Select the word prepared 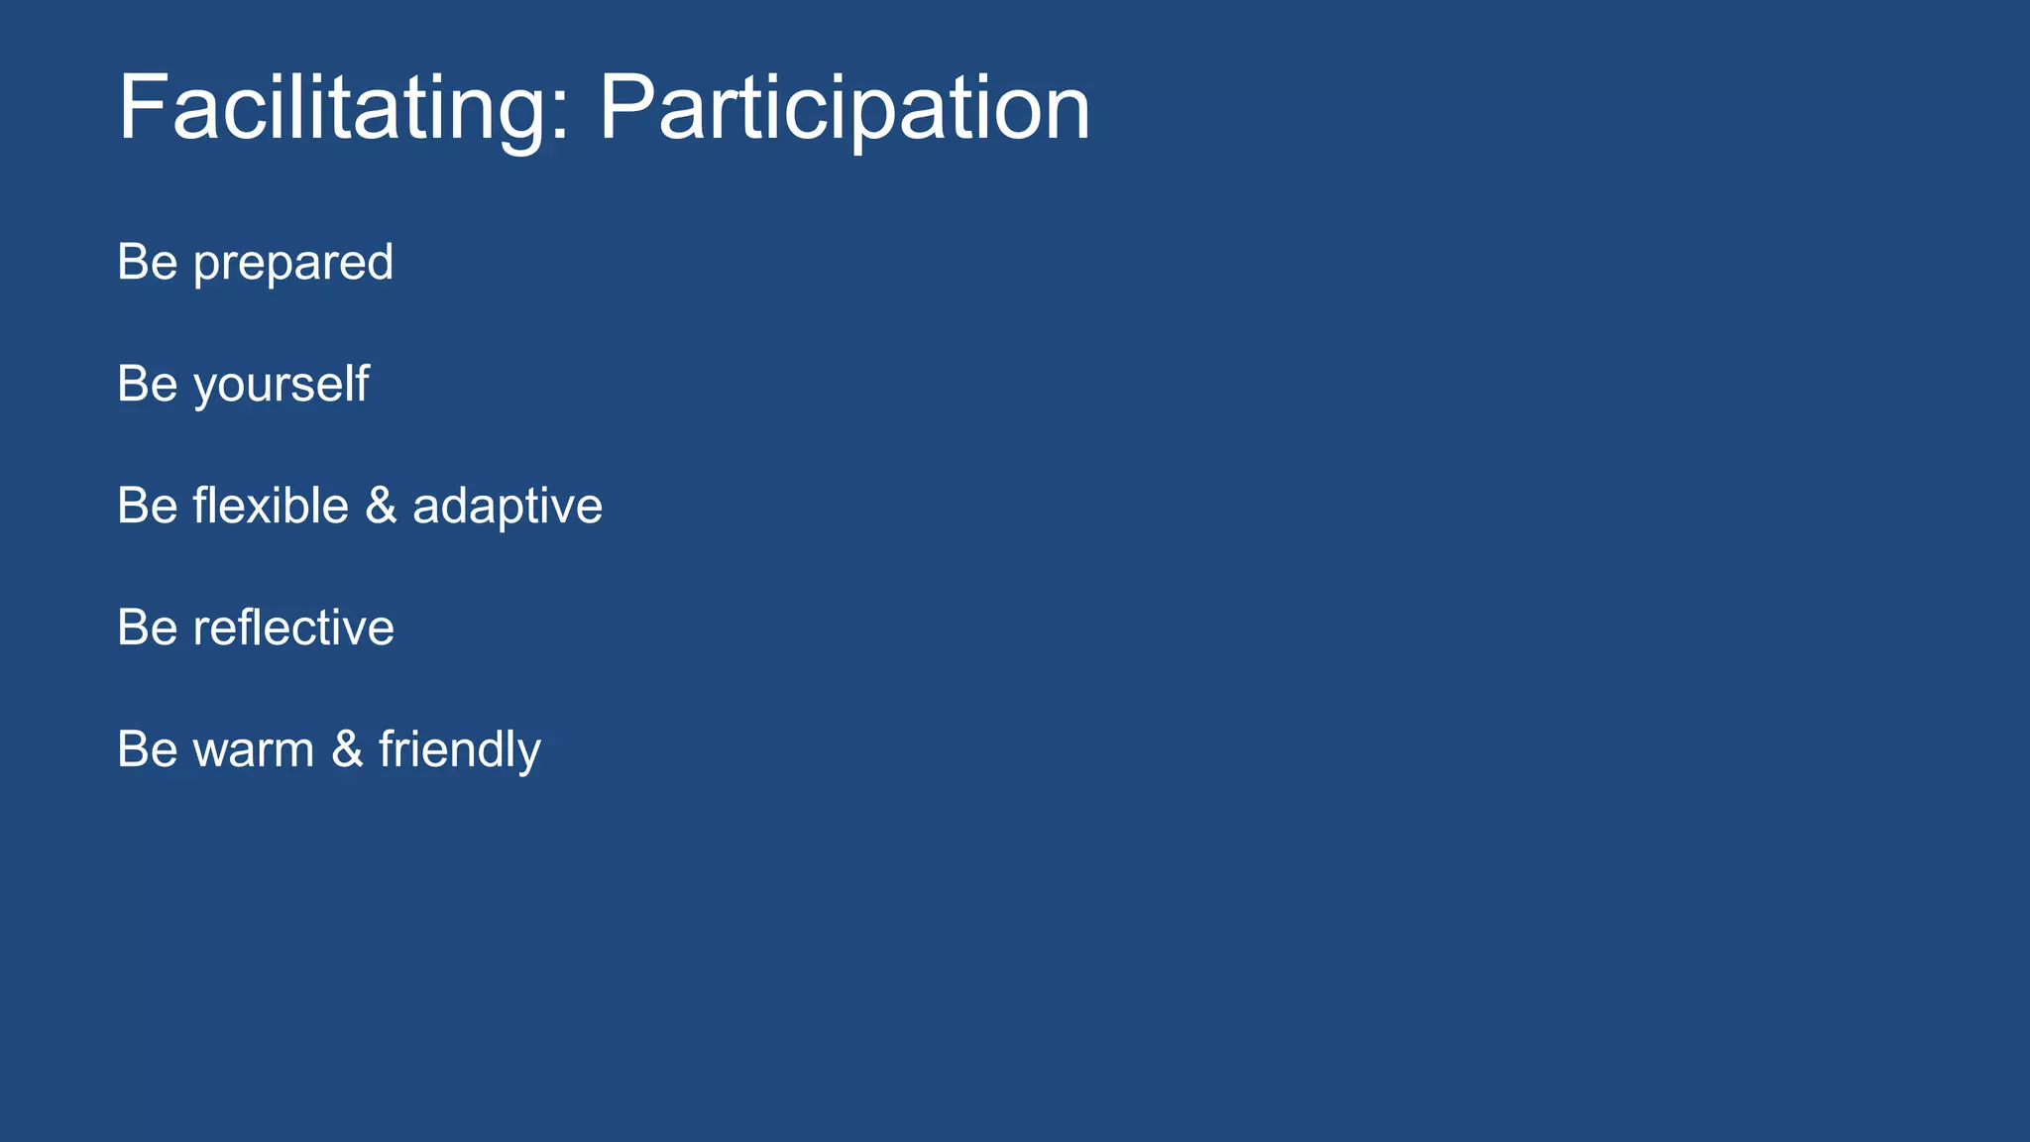(x=293, y=264)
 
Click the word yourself (x=282, y=386)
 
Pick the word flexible (x=271, y=506)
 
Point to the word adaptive (x=507, y=508)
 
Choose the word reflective (x=293, y=628)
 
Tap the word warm (x=254, y=750)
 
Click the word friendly (x=459, y=750)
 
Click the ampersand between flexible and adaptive (x=381, y=506)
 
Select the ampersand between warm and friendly (x=347, y=749)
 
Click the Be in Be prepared (x=148, y=263)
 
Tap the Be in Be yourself (x=148, y=385)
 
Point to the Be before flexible (x=148, y=506)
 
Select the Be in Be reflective (x=148, y=628)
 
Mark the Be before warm (x=148, y=749)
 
